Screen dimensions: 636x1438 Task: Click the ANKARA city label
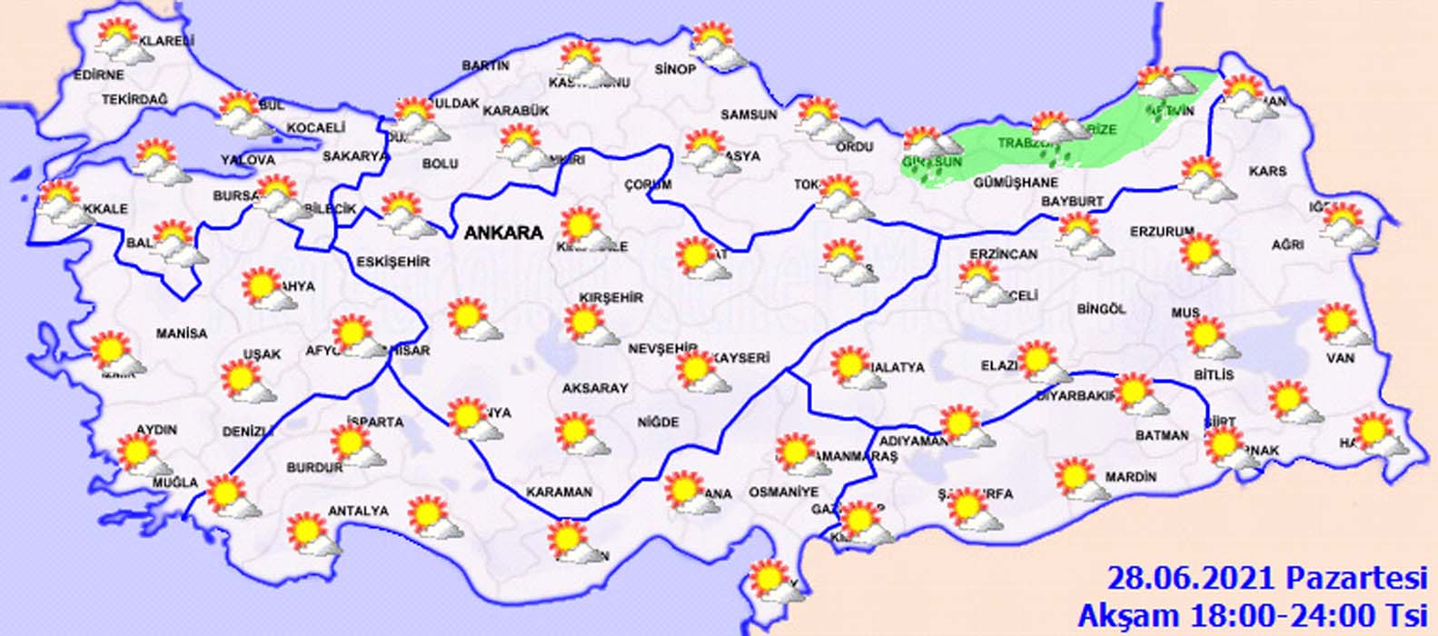tap(503, 234)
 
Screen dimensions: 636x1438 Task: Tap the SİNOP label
tap(675, 70)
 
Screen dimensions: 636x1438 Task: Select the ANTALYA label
tap(358, 512)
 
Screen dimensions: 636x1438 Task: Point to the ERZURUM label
tap(1161, 232)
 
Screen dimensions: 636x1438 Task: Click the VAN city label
tap(1340, 359)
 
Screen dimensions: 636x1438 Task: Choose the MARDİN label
tap(1130, 477)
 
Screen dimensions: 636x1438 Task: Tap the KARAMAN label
tap(559, 492)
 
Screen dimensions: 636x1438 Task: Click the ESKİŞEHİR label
tap(392, 263)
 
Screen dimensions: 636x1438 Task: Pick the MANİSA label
tap(182, 333)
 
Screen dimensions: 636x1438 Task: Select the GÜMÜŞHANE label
tap(1016, 183)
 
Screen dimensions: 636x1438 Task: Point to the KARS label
tap(1267, 171)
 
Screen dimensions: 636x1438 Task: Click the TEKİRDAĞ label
tap(135, 99)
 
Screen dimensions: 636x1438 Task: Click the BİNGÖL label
tap(1101, 309)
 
